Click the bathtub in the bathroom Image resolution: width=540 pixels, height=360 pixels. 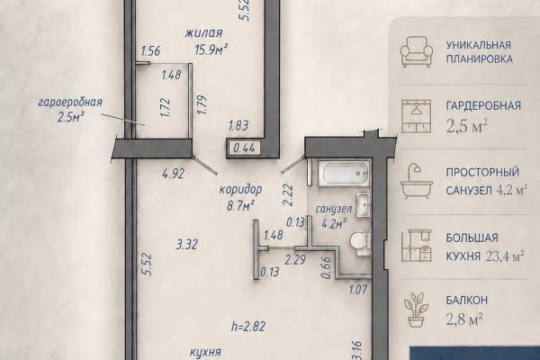[344, 174]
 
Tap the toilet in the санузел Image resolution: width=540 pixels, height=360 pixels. [360, 244]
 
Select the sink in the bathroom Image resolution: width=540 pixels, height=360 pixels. [363, 204]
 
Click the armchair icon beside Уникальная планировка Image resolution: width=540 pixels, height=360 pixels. [417, 51]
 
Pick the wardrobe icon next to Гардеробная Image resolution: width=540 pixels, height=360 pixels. [417, 116]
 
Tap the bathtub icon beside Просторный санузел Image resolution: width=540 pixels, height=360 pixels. [417, 181]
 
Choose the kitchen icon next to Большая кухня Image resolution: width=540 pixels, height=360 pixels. [417, 246]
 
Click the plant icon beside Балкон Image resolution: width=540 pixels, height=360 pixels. [416, 310]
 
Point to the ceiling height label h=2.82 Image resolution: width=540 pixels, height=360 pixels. [248, 326]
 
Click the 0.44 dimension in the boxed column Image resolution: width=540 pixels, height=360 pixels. [244, 148]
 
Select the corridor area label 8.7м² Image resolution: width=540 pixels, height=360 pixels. [240, 206]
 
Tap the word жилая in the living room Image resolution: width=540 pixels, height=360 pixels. [203, 33]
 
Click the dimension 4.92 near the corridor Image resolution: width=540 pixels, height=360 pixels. [173, 174]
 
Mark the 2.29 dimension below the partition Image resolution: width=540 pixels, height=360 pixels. [295, 259]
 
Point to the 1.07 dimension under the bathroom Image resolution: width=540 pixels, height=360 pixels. [358, 290]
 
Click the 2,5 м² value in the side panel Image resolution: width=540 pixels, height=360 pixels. [467, 126]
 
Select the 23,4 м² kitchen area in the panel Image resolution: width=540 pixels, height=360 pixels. [505, 256]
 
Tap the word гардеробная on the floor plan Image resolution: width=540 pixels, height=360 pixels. [70, 103]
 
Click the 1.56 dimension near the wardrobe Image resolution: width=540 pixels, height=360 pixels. [151, 51]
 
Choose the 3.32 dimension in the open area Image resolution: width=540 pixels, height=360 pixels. [187, 245]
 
